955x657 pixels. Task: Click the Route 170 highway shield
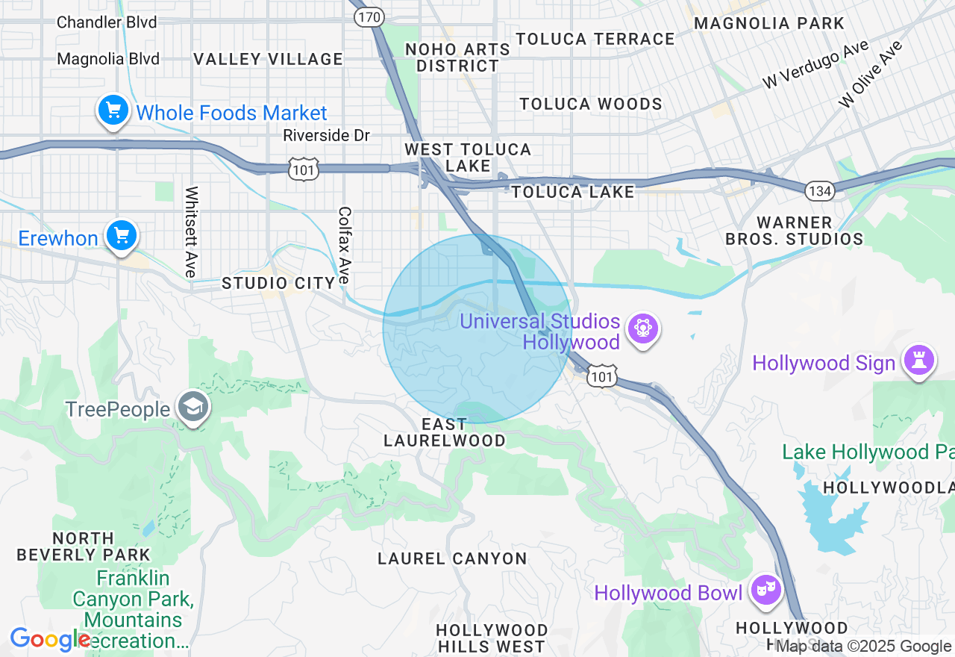click(369, 16)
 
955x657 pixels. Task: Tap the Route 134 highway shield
click(819, 190)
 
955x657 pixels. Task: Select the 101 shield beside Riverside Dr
click(304, 169)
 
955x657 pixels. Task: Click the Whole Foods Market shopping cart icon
click(113, 111)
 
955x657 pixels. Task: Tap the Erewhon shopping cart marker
click(121, 237)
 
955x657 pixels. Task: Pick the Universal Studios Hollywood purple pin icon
click(643, 328)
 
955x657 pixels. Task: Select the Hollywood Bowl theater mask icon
click(765, 591)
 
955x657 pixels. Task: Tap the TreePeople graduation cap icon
click(193, 408)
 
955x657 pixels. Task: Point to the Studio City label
click(278, 283)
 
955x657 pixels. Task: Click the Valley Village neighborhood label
click(268, 59)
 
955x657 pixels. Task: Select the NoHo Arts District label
click(457, 57)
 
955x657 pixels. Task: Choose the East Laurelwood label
click(445, 432)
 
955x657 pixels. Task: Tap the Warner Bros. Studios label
click(794, 231)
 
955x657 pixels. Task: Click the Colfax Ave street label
click(344, 244)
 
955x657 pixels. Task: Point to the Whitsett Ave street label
click(191, 232)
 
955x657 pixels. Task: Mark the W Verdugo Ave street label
click(815, 64)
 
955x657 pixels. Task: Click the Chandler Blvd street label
click(107, 22)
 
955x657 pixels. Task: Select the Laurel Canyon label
click(452, 558)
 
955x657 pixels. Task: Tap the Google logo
click(49, 640)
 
